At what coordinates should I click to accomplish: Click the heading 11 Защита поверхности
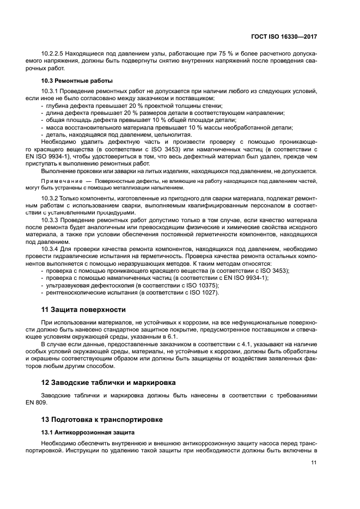[x=83, y=310]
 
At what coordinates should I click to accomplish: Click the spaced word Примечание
[x=64, y=180]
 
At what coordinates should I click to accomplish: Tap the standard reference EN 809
[x=52, y=403]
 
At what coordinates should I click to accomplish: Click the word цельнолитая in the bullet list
[x=171, y=134]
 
